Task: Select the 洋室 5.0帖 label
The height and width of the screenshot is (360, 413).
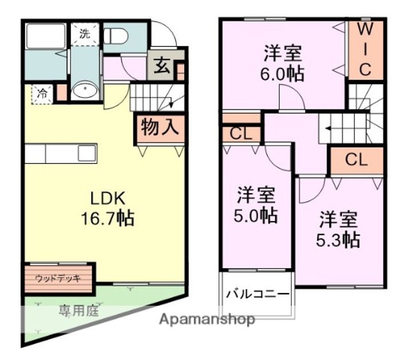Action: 256,205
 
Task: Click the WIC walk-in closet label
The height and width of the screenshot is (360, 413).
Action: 366,50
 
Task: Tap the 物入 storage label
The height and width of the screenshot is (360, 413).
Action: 160,127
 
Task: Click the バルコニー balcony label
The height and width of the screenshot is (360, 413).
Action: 257,295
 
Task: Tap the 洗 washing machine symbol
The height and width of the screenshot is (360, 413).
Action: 85,33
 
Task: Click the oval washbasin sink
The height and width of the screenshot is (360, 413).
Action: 85,90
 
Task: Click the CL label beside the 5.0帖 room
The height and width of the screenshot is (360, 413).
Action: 241,135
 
